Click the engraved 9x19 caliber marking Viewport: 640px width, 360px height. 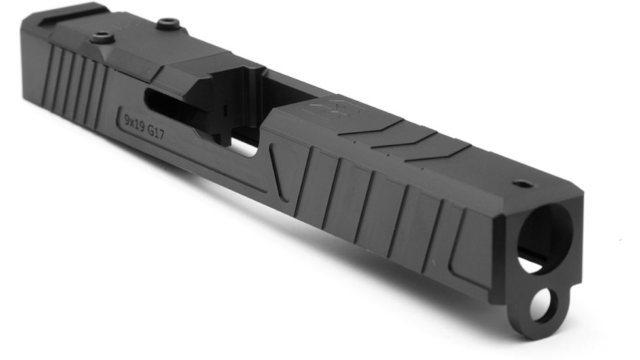pos(134,120)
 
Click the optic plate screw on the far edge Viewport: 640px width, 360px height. pos(169,24)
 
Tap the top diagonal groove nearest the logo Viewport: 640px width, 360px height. pos(373,128)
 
